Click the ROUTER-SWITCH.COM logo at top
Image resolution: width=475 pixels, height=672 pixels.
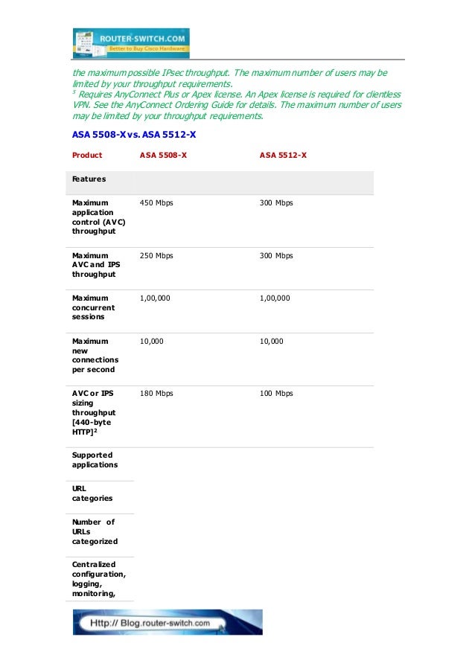[131, 42]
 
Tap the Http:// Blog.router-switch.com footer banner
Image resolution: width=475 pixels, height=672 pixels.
[167, 622]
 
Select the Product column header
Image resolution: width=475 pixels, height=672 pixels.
[87, 156]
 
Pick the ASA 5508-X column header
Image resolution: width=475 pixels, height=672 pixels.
[163, 156]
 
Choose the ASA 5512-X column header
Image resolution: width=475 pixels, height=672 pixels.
[283, 156]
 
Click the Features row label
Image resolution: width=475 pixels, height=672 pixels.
[89, 179]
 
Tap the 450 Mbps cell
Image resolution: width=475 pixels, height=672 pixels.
[156, 203]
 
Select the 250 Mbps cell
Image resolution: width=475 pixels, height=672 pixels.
[156, 255]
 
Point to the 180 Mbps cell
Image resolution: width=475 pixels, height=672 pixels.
[156, 393]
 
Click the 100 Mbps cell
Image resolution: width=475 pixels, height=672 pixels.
[276, 393]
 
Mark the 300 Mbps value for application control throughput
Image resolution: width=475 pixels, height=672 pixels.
[276, 203]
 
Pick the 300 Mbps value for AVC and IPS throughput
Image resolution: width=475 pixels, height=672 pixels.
[276, 255]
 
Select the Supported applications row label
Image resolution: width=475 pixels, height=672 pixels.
[95, 459]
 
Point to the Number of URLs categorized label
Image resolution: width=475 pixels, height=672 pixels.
[95, 531]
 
